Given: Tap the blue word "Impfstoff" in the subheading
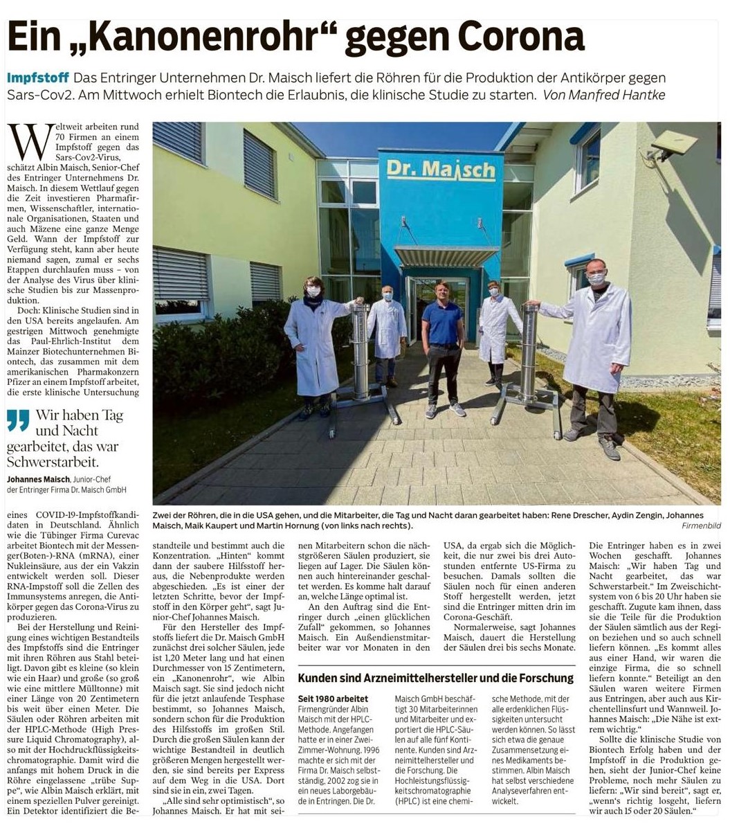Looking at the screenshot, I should point(38,78).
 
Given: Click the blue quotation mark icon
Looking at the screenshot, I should point(18,420).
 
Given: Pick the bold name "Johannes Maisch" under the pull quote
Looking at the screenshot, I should point(38,479).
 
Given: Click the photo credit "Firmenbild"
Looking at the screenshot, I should point(701,526).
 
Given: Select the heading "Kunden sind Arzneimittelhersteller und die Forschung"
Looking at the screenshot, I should point(435,679).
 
